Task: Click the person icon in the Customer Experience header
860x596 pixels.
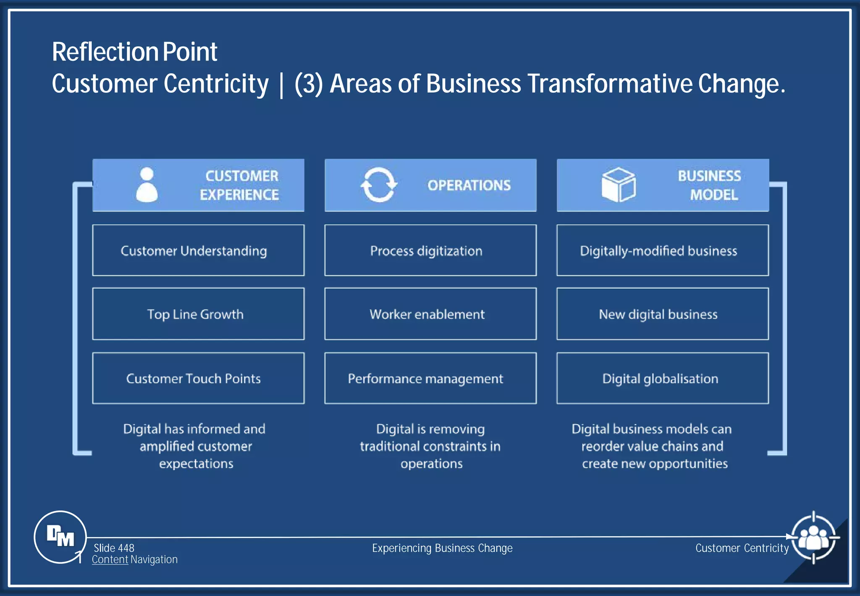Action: [147, 185]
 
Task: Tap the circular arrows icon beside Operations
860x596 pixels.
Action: [378, 185]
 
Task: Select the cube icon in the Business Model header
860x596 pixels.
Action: [618, 185]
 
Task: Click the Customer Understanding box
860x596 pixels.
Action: [198, 251]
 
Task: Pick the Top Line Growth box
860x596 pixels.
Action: [198, 314]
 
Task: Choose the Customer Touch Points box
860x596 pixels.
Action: [198, 378]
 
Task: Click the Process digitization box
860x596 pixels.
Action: [430, 251]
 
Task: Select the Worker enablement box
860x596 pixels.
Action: [430, 314]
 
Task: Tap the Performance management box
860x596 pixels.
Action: [430, 378]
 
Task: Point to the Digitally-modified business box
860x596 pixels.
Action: [663, 251]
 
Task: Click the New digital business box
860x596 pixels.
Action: [663, 314]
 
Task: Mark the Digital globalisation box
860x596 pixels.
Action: [663, 378]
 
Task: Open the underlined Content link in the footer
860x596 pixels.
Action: [110, 559]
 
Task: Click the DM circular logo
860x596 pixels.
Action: [60, 537]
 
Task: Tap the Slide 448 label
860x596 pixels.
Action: [114, 548]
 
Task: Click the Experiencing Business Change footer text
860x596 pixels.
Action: [442, 548]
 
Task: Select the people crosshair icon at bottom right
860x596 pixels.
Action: [813, 538]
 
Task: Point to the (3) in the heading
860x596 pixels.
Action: [309, 84]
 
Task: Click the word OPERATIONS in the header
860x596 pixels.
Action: [469, 185]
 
